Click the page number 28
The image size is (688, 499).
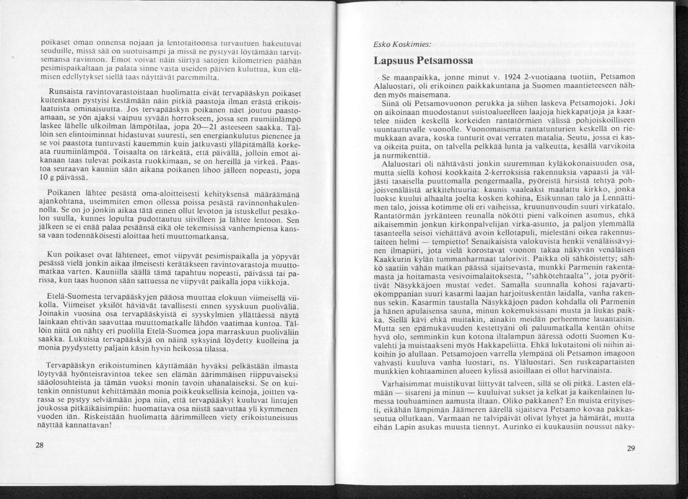39,445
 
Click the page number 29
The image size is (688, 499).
631,448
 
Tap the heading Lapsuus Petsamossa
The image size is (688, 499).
423,61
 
